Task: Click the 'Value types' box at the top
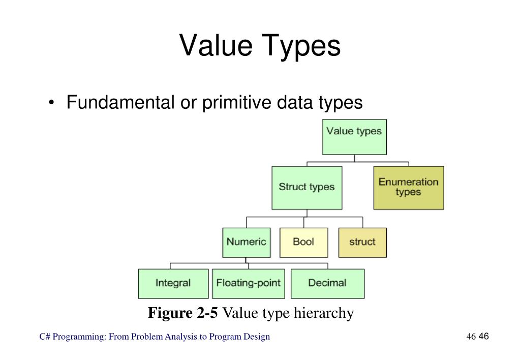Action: click(x=354, y=137)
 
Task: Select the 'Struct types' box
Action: click(x=307, y=188)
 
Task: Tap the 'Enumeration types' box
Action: click(x=409, y=188)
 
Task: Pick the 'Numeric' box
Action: click(x=247, y=243)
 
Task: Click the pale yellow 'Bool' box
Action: click(x=304, y=243)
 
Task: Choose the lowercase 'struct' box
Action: click(x=362, y=243)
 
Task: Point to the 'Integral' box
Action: click(x=173, y=284)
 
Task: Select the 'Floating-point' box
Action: click(x=249, y=284)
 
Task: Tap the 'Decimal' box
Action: click(x=327, y=284)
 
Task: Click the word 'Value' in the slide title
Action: click(x=216, y=45)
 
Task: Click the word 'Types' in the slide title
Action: click(x=301, y=47)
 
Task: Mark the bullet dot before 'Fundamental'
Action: click(x=51, y=102)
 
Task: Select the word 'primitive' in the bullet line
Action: click(x=236, y=102)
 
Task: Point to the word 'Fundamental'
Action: click(x=120, y=102)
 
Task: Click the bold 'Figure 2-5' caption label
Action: click(x=182, y=313)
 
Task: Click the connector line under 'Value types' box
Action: click(x=354, y=158)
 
